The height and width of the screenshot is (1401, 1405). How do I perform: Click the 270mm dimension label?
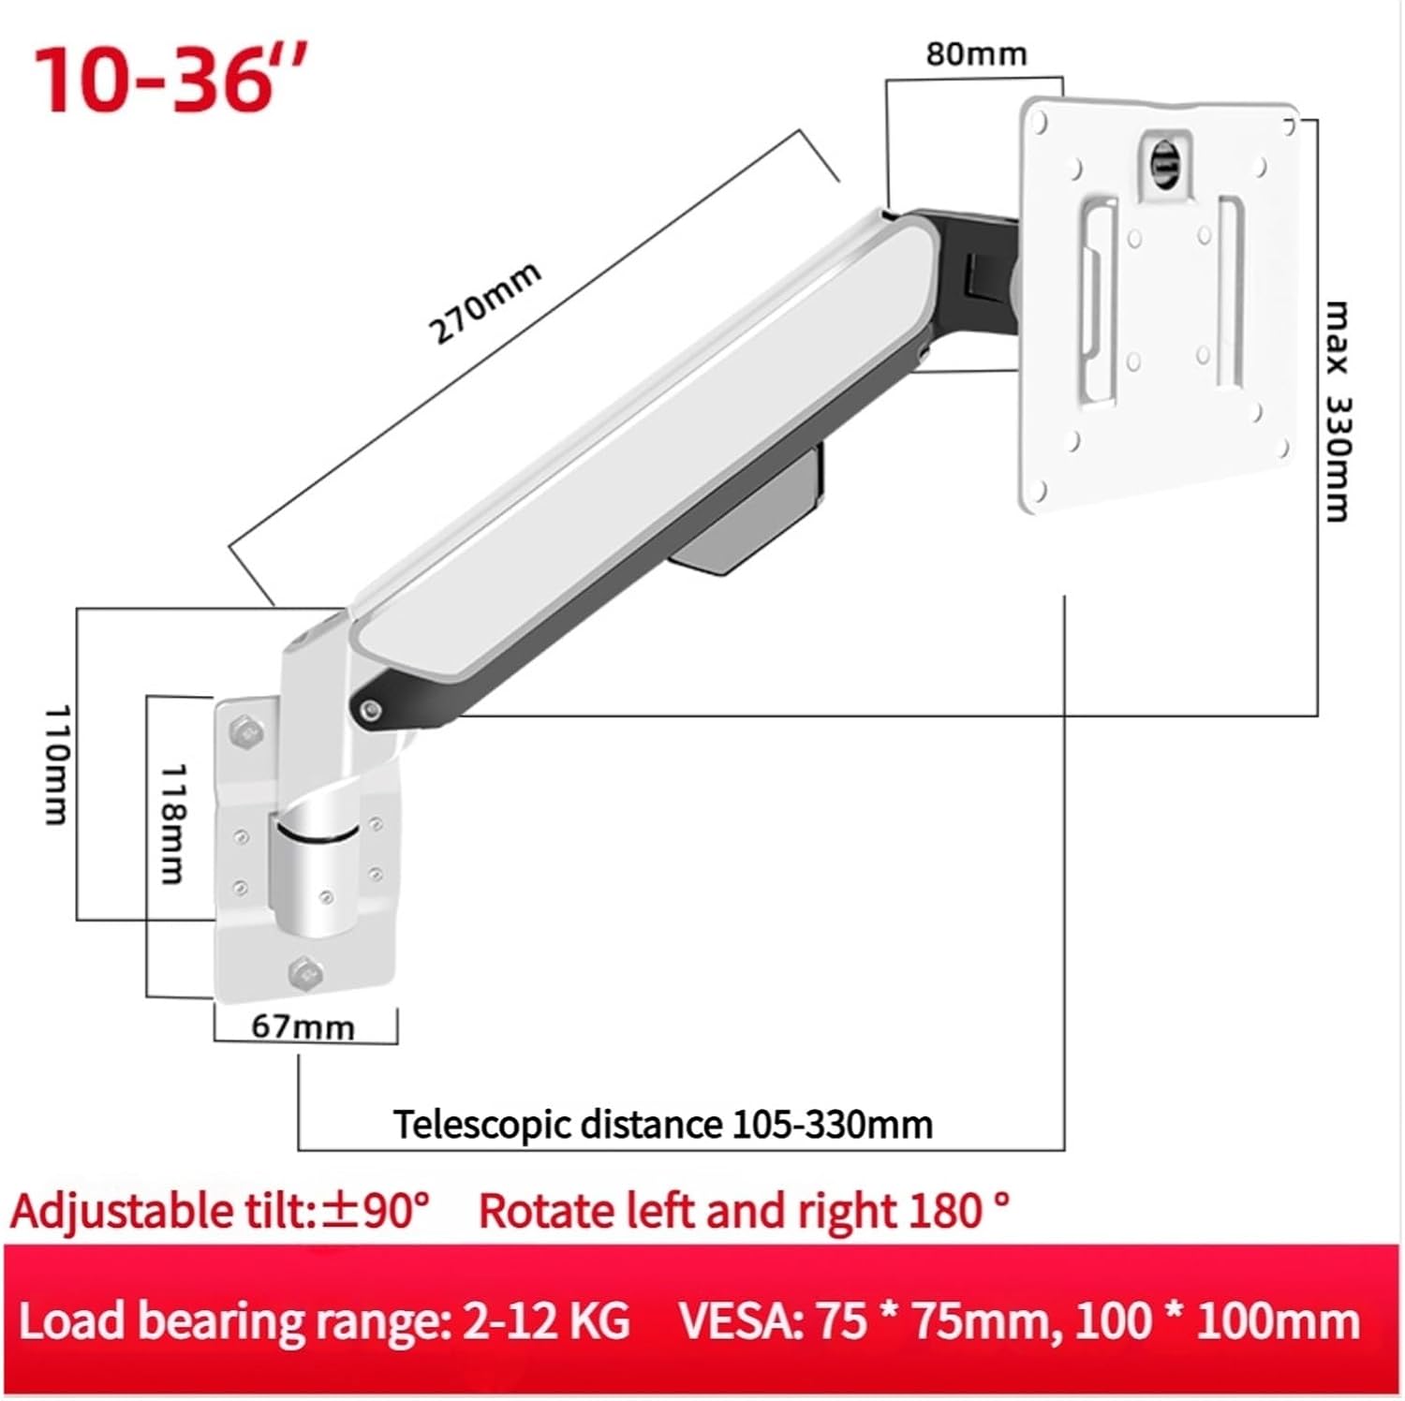484,302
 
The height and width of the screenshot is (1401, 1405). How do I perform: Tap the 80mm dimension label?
976,54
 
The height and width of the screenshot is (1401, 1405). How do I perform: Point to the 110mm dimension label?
58,764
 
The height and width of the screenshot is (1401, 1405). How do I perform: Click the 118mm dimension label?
173,823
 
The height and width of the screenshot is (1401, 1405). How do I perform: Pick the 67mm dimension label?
303,1027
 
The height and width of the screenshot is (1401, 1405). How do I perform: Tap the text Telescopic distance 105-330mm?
662,1124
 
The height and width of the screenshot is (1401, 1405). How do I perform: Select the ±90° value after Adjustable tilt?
376,1210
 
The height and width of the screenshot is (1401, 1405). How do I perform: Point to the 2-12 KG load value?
546,1321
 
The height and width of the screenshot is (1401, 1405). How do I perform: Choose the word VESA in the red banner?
736,1321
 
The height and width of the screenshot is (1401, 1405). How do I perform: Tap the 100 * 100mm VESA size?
1217,1321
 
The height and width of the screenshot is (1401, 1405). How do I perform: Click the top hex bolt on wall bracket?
246,731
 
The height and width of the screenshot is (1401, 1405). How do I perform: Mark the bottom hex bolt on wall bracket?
303,974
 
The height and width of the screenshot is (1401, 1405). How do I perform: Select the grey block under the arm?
749,524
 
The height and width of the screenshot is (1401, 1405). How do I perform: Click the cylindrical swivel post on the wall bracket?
313,876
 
